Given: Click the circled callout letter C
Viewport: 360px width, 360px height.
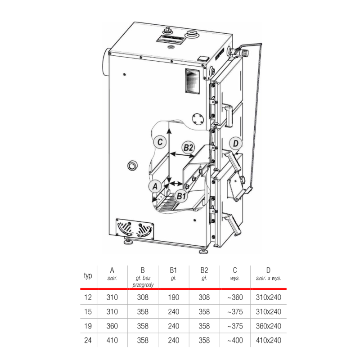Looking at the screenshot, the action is click(160, 142).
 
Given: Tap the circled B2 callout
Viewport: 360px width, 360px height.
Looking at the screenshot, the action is click(188, 148).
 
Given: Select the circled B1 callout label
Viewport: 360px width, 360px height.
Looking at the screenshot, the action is click(181, 196).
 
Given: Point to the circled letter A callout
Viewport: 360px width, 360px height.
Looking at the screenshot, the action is click(155, 186).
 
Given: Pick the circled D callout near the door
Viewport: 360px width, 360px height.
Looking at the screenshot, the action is click(235, 144).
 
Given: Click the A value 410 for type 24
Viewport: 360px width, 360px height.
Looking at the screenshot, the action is click(112, 340).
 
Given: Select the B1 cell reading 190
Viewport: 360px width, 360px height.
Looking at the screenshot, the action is click(173, 297).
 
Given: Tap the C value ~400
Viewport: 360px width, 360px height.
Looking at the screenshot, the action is click(235, 340).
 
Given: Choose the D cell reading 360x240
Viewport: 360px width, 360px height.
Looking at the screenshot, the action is click(268, 326).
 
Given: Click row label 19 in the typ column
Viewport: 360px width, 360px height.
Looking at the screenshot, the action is click(88, 326).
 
